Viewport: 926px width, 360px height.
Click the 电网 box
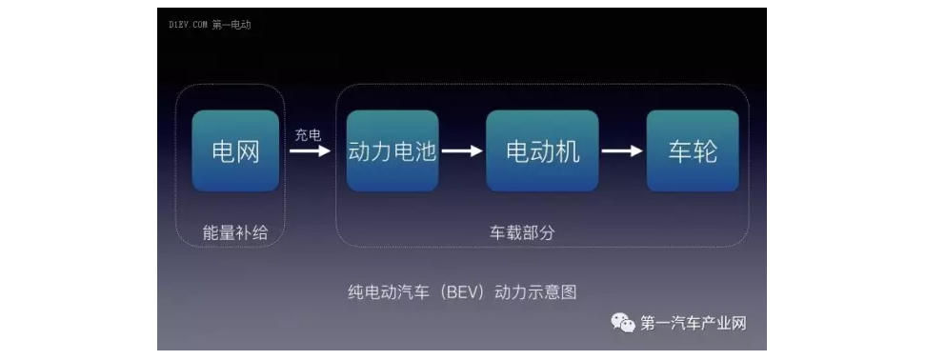pyautogui.click(x=235, y=150)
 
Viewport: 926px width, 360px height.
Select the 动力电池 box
pyautogui.click(x=392, y=150)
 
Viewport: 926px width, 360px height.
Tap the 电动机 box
pyautogui.click(x=542, y=150)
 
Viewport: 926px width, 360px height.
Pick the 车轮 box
pyautogui.click(x=693, y=150)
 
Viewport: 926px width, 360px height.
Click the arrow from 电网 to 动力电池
pyautogui.click(x=309, y=151)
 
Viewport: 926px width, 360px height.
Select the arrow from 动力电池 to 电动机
pyautogui.click(x=461, y=151)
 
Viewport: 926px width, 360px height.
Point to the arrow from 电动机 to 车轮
pyautogui.click(x=623, y=151)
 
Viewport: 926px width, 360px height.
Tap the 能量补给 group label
pyautogui.click(x=230, y=232)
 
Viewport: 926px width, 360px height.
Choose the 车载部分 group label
pyautogui.click(x=522, y=232)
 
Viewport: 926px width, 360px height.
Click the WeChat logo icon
pyautogui.click(x=623, y=323)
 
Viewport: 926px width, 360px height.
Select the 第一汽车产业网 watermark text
pyautogui.click(x=693, y=323)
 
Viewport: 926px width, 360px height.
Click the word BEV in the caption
pyautogui.click(x=460, y=291)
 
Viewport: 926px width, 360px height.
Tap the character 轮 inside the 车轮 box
pyautogui.click(x=706, y=150)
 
